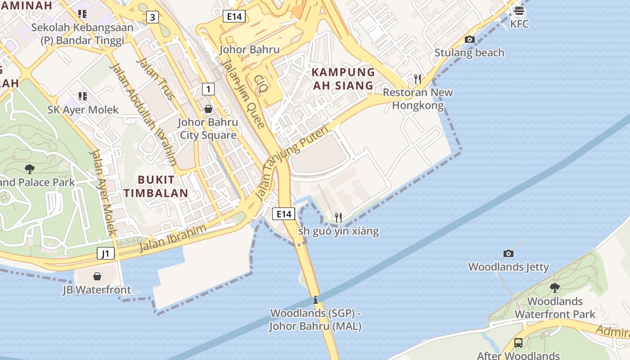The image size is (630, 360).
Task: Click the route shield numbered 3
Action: pos(153,18)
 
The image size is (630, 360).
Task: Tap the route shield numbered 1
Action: pos(208,89)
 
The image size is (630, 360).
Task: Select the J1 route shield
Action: pos(105,254)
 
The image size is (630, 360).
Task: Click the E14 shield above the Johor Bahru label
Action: pos(234,17)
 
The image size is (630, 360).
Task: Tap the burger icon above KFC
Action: pos(519,11)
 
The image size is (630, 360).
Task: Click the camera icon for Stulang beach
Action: pos(469,40)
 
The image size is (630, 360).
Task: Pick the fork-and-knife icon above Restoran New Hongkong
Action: pos(418,79)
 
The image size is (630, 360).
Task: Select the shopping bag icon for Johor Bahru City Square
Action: pos(208,109)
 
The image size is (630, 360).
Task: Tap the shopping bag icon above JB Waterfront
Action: pos(97,276)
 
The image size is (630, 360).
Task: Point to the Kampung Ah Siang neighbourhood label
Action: pos(343,79)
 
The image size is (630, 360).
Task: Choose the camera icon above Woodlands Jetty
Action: pos(508,253)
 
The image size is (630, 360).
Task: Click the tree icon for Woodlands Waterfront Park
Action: pos(554,288)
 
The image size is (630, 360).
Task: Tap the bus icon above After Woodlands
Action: pos(518,343)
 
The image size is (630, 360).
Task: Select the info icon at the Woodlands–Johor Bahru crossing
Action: pos(315,300)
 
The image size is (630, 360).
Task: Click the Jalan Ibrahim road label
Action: pos(173,238)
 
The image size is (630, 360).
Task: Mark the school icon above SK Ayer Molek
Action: pos(82,96)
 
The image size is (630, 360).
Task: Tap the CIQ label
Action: pos(261,84)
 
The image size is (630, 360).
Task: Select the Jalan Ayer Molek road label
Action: pos(103,193)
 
